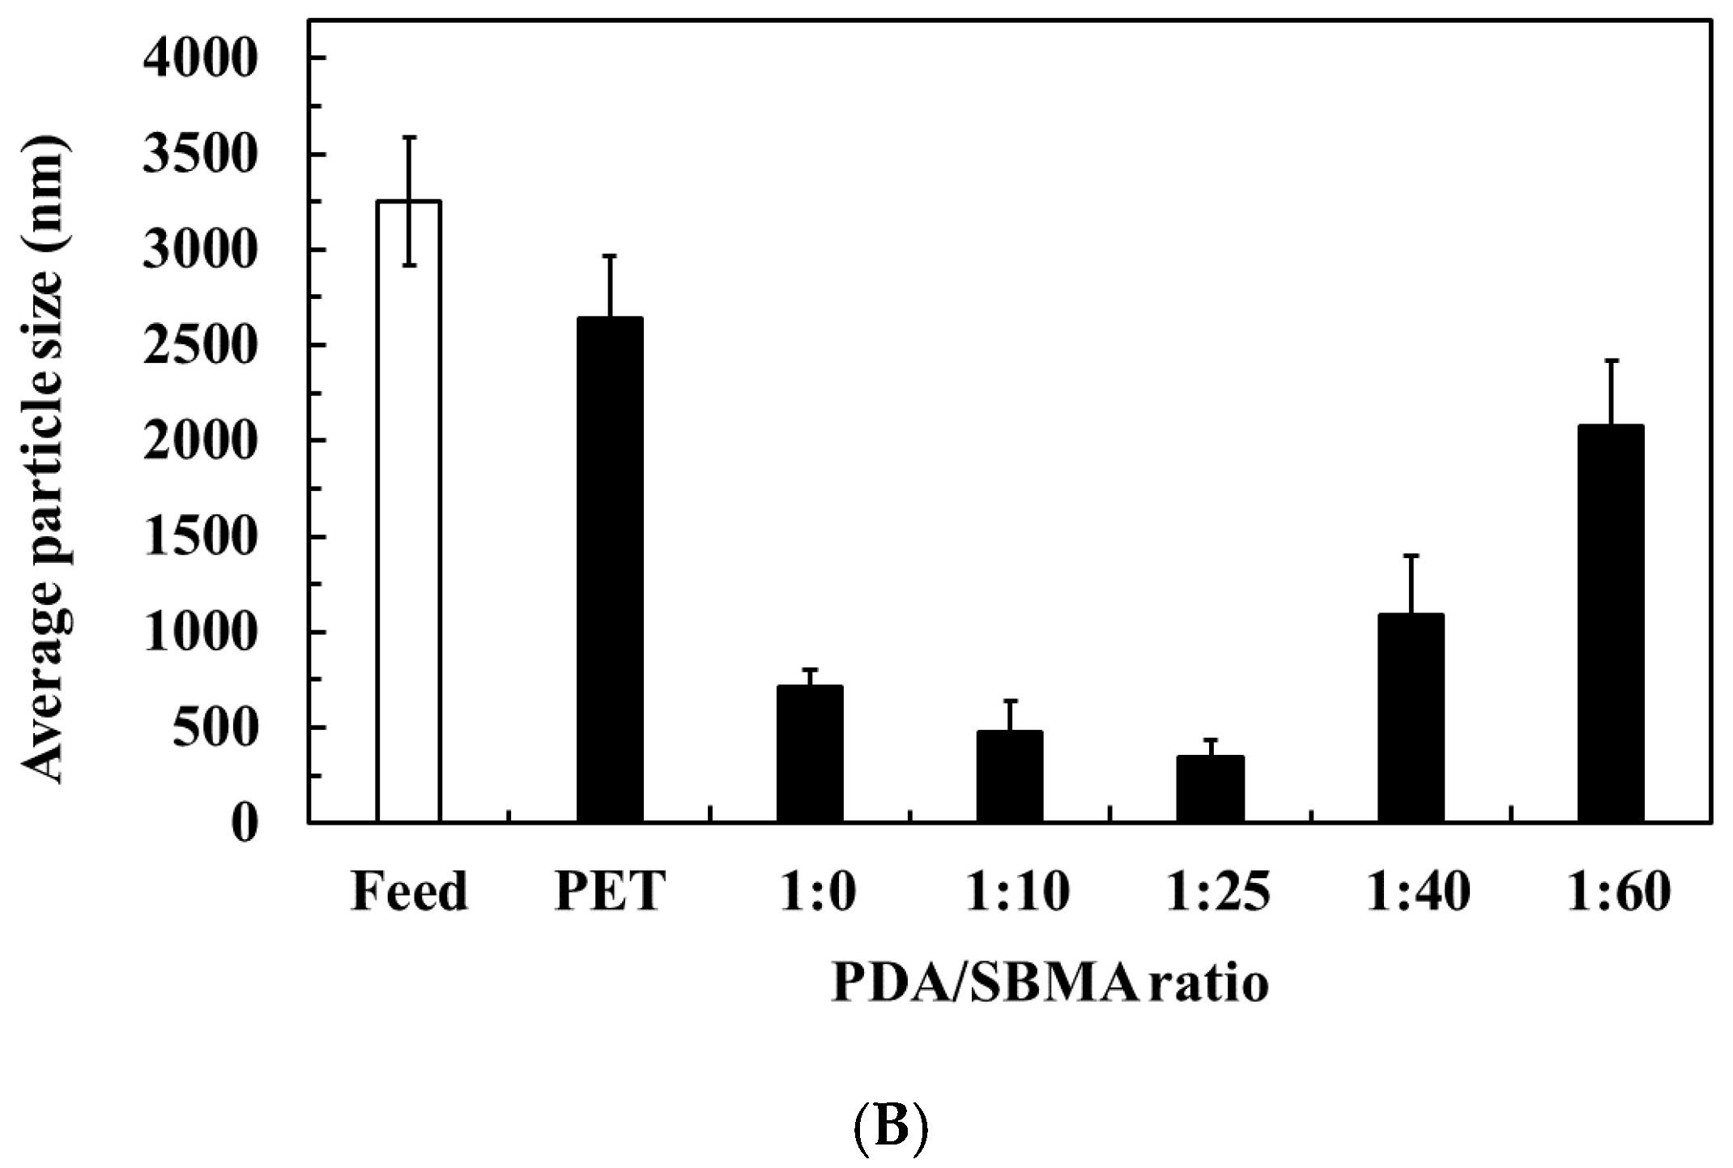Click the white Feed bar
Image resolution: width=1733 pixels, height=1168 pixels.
click(x=409, y=510)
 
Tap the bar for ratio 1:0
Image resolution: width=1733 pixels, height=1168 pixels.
click(x=810, y=753)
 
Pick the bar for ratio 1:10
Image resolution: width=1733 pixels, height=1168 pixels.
click(x=1010, y=776)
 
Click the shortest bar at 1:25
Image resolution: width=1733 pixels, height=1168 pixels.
click(x=1210, y=789)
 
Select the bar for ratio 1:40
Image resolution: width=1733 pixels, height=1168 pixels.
click(x=1411, y=718)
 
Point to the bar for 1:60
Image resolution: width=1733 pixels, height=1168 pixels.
click(x=1611, y=623)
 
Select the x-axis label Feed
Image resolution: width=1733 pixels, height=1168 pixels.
click(x=409, y=892)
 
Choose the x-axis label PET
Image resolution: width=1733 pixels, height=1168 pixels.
click(x=610, y=892)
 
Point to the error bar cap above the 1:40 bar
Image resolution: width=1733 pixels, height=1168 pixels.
click(x=1411, y=556)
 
